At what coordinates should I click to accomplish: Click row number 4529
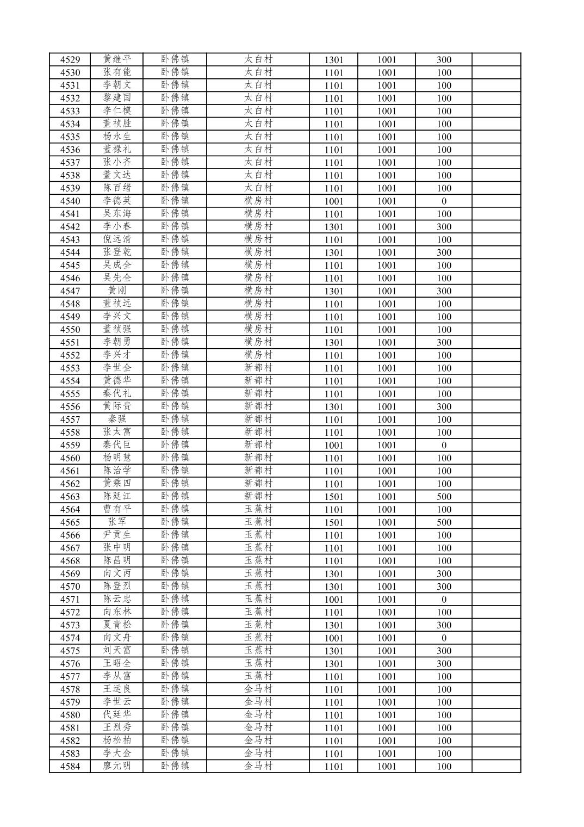[x=70, y=60]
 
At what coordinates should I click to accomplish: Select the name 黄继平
[x=117, y=59]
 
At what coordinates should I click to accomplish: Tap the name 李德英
[x=117, y=201]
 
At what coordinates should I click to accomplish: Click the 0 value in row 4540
[x=444, y=201]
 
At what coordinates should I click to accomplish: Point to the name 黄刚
[x=117, y=291]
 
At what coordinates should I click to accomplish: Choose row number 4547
[x=70, y=291]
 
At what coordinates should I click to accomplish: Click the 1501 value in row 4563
[x=334, y=497]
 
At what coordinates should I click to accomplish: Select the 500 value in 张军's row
[x=444, y=522]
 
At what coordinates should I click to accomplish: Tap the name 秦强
[x=117, y=419]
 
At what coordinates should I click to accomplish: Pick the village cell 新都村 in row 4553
[x=258, y=368]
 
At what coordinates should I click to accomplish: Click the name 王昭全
[x=117, y=663]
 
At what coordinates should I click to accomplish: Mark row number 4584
[x=70, y=767]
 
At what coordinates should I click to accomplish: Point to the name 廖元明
[x=117, y=766]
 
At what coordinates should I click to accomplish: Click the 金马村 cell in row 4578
[x=258, y=689]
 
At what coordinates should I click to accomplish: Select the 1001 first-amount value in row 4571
[x=334, y=600]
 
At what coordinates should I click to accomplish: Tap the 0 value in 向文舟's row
[x=444, y=638]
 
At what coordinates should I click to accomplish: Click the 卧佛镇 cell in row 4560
[x=175, y=458]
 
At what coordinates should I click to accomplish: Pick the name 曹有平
[x=117, y=509]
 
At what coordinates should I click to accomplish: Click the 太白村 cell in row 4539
[x=258, y=188]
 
